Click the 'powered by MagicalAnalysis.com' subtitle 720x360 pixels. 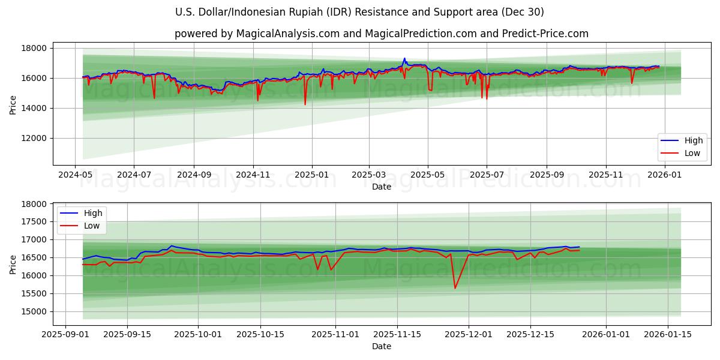click(x=381, y=34)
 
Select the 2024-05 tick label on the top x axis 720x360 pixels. click(x=74, y=175)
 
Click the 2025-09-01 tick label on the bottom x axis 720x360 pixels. click(x=66, y=334)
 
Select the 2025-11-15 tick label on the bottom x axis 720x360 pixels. click(x=396, y=334)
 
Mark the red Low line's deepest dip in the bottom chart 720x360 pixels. click(x=455, y=288)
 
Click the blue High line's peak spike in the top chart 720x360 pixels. click(x=404, y=58)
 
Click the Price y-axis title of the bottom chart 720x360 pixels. click(x=13, y=264)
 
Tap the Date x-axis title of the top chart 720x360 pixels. click(x=381, y=187)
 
